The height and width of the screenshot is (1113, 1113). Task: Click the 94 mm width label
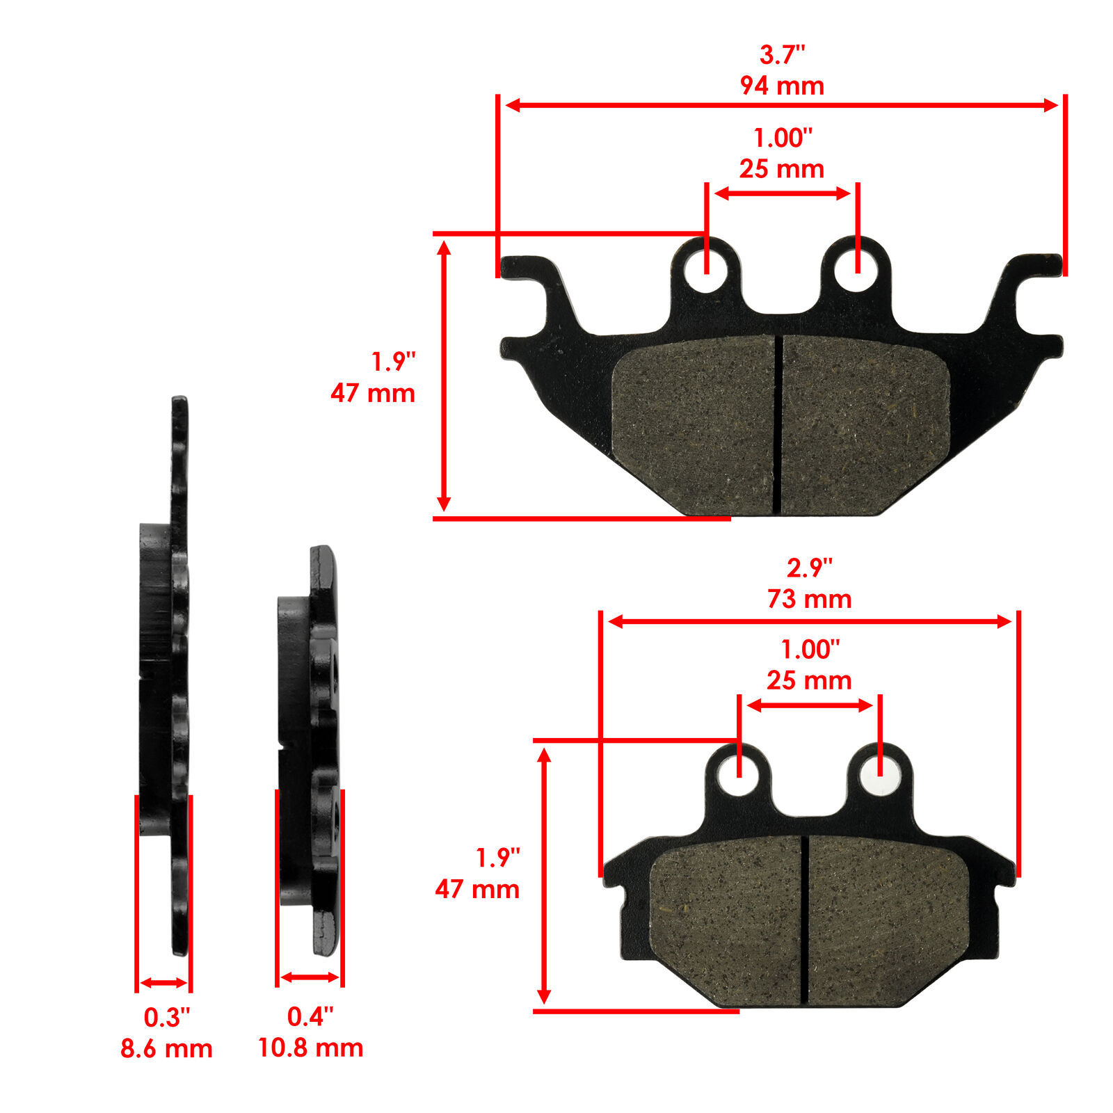click(x=782, y=86)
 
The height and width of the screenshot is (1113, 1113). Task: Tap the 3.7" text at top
click(x=782, y=54)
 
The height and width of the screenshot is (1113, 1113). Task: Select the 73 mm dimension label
click(x=809, y=599)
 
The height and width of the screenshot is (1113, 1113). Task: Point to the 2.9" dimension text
click(x=809, y=568)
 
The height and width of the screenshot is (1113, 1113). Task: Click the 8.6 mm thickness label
click(x=166, y=1048)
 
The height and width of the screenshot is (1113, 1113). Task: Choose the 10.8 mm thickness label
click(x=310, y=1048)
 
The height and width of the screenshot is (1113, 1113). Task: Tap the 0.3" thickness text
click(x=166, y=1018)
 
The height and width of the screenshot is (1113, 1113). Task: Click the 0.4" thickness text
click(x=310, y=1016)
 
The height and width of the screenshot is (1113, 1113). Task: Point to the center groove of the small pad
click(x=806, y=918)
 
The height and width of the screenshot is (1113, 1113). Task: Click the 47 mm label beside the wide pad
click(x=373, y=393)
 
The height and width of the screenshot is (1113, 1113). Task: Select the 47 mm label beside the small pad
click(x=477, y=889)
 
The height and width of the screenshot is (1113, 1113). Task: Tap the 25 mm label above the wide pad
click(x=782, y=169)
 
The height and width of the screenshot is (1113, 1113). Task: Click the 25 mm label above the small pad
click(x=809, y=680)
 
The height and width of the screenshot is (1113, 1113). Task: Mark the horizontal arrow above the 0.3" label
click(x=163, y=983)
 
